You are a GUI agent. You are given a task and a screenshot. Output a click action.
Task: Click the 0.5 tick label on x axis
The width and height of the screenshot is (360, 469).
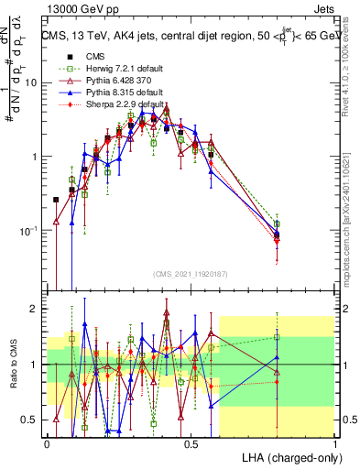[191, 442]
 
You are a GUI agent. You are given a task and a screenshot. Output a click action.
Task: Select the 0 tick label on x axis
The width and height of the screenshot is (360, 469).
[47, 442]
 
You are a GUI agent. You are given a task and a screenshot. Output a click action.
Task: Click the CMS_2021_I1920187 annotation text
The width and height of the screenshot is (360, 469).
[190, 274]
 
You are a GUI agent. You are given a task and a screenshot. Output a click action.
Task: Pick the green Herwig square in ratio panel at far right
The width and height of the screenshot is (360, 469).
[277, 337]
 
